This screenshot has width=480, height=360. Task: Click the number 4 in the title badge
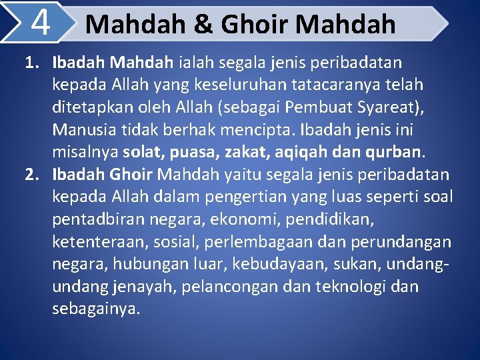coord(41,23)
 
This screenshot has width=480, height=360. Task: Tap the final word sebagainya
coord(97,309)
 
